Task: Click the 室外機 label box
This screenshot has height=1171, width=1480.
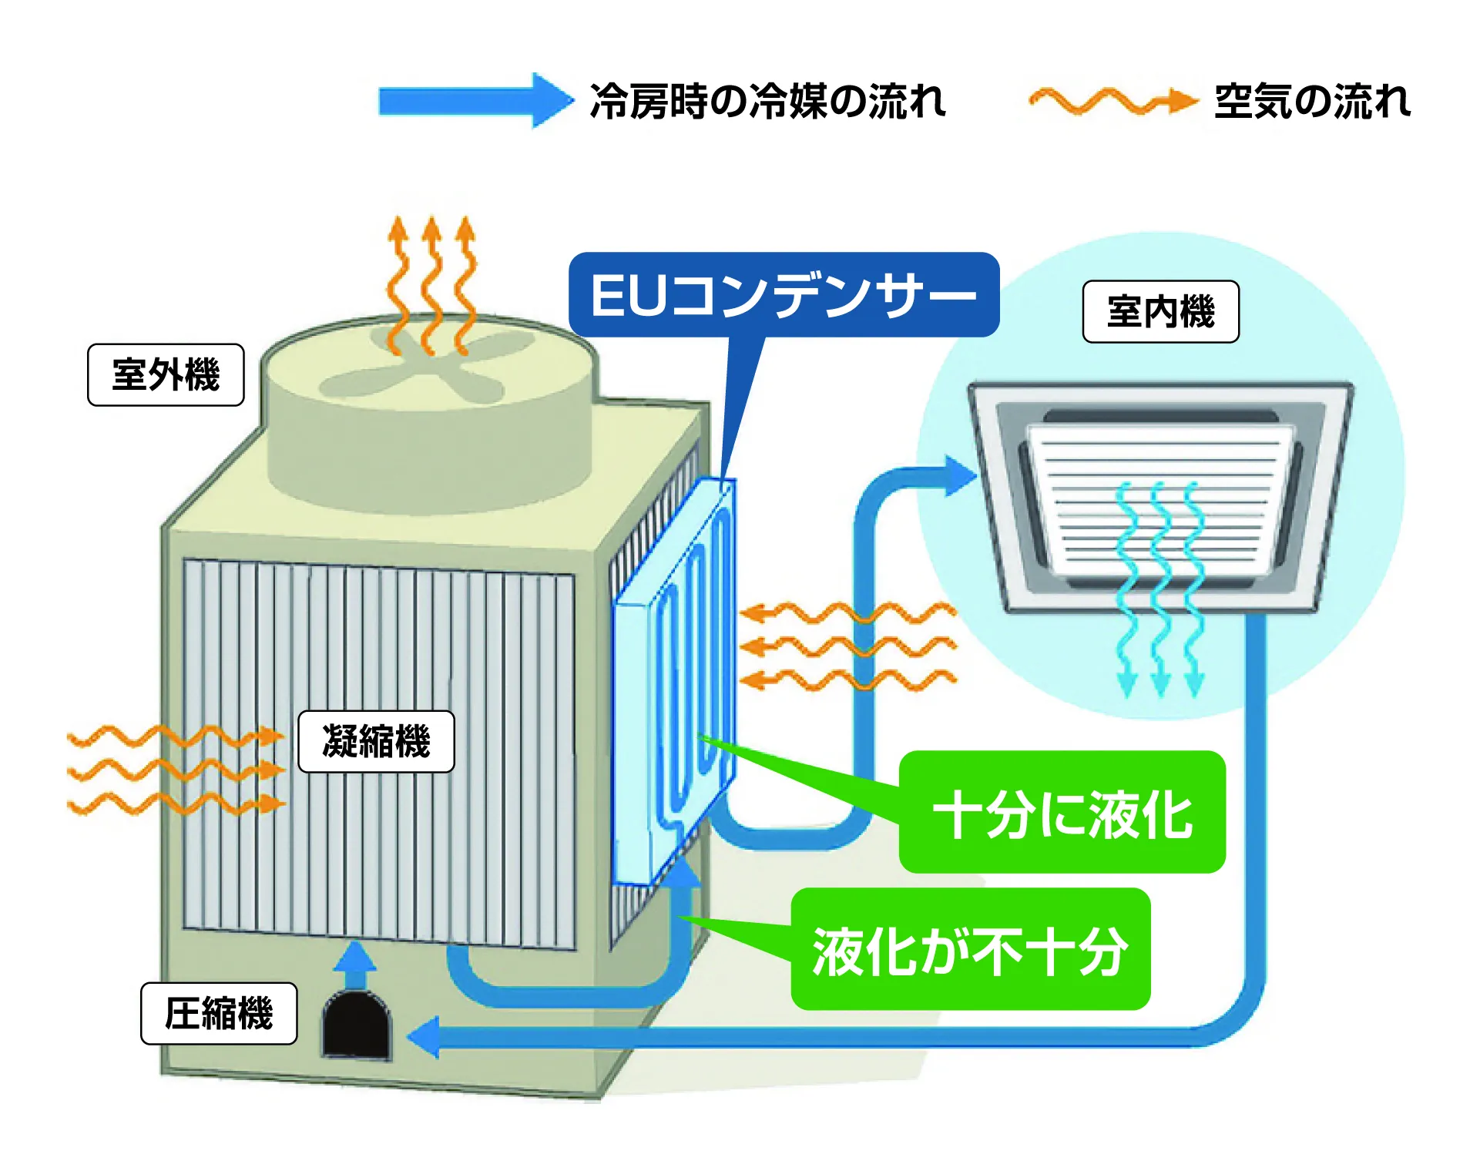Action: click(x=166, y=375)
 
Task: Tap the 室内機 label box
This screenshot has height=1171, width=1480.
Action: click(x=1160, y=312)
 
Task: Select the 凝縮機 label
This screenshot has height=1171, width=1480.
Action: click(x=376, y=742)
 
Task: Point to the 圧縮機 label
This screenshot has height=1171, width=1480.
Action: click(x=219, y=1014)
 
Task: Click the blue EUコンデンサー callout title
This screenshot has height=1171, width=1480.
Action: click(x=784, y=295)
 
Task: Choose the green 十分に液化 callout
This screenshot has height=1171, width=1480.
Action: click(x=1062, y=813)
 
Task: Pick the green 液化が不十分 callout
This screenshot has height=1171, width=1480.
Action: click(x=970, y=950)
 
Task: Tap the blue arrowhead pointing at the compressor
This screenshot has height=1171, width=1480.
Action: click(x=425, y=1037)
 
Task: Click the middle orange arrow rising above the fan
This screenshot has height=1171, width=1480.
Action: click(x=432, y=285)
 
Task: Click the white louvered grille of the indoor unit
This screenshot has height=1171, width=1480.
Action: click(x=1160, y=493)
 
